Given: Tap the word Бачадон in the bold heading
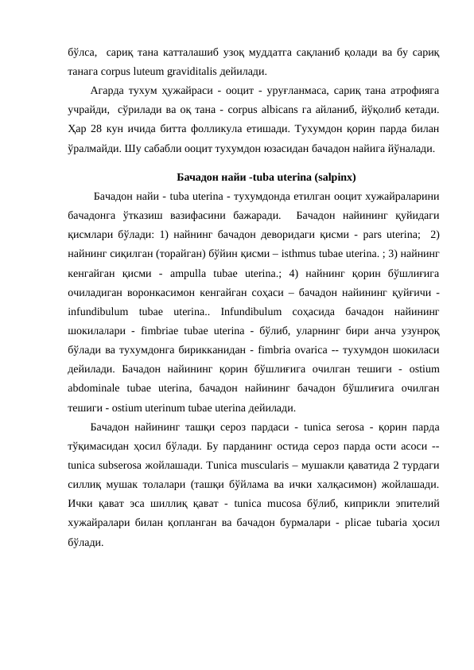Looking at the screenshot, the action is (x=197, y=177).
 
